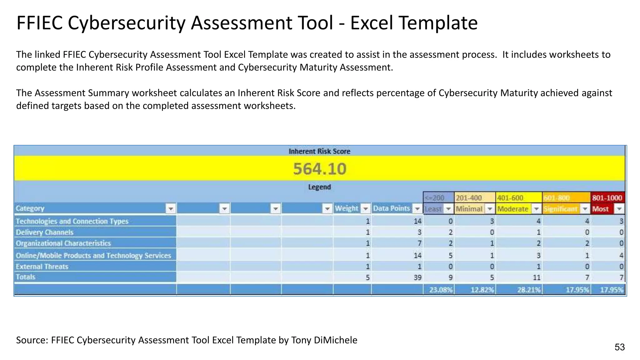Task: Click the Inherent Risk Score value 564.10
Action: coord(320,169)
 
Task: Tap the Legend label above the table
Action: coord(319,187)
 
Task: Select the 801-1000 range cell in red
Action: coord(607,197)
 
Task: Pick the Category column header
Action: coord(30,208)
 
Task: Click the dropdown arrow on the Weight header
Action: coord(365,208)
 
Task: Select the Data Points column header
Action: coord(392,208)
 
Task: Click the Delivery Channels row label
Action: coord(45,232)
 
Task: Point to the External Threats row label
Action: coord(42,267)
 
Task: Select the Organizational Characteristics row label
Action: coord(63,243)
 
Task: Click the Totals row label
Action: coord(26,277)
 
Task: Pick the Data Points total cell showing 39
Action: coord(417,277)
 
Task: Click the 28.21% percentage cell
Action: coord(529,290)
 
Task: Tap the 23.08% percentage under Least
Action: coord(441,290)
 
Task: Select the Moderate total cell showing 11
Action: coord(537,277)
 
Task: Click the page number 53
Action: coord(619,347)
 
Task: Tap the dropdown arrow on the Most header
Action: coord(619,209)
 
